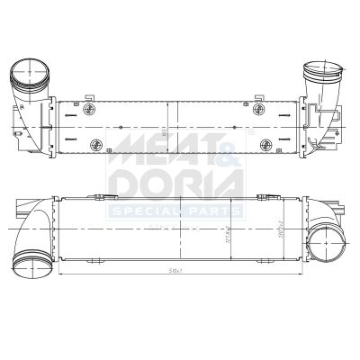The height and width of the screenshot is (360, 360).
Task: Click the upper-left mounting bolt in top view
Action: [90, 110]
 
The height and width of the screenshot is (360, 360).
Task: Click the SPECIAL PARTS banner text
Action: [175, 212]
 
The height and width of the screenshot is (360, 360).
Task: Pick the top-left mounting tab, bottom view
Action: [94, 195]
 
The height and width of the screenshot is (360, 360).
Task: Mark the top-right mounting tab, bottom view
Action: [263, 195]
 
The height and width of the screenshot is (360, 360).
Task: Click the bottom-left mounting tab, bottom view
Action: [90, 260]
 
